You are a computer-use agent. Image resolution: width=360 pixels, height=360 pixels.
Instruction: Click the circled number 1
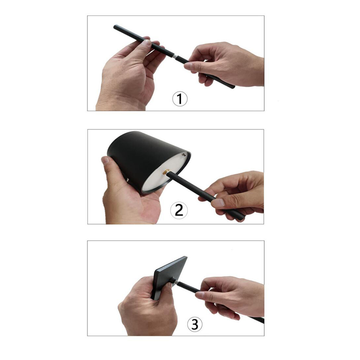[x=180, y=99]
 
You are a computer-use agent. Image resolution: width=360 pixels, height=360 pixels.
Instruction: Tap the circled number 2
[x=179, y=210]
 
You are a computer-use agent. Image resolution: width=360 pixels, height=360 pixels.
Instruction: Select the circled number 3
[x=194, y=324]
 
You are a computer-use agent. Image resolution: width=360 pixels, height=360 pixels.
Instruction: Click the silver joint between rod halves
[x=174, y=56]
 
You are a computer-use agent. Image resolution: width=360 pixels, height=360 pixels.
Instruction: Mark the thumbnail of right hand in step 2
[x=218, y=203]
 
